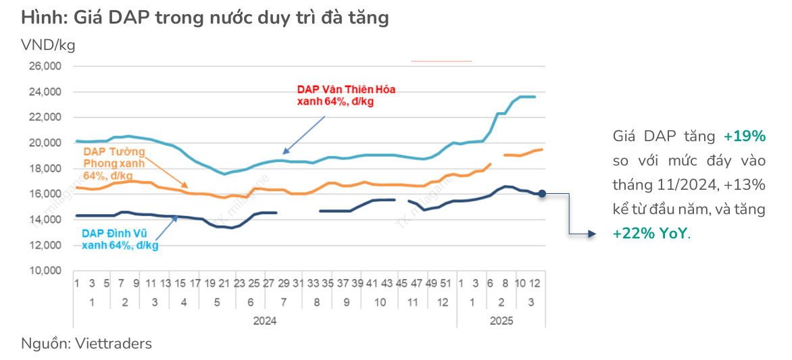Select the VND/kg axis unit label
pos(48,45)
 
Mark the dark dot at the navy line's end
pos(542,194)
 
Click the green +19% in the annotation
pos(744,136)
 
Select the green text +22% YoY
pos(650,234)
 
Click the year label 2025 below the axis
pos(501,321)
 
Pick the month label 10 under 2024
pos(380,302)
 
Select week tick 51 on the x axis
pos(445,283)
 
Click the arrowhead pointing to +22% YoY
pos(592,234)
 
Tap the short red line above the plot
pos(441,61)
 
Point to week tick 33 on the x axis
pos(313,283)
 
